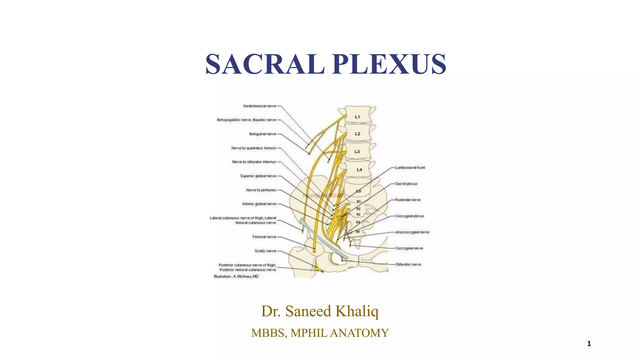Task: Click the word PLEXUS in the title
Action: pyautogui.click(x=389, y=64)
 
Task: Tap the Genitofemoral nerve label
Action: pyautogui.click(x=259, y=106)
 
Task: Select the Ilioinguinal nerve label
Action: pyautogui.click(x=262, y=134)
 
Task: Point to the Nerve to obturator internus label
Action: pyautogui.click(x=254, y=162)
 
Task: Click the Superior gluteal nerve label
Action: pyautogui.click(x=258, y=176)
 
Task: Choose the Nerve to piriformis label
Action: pyautogui.click(x=261, y=190)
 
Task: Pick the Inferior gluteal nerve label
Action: pyautogui.click(x=259, y=204)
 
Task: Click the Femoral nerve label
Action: pyautogui.click(x=264, y=237)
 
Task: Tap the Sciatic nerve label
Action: pyautogui.click(x=265, y=251)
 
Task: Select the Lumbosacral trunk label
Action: pyautogui.click(x=410, y=168)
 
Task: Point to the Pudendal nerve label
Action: pyautogui.click(x=408, y=200)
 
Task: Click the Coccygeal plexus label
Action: pyautogui.click(x=410, y=216)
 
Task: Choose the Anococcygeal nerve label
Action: pyautogui.click(x=412, y=232)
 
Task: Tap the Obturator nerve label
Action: pyautogui.click(x=408, y=264)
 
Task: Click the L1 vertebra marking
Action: pyautogui.click(x=357, y=117)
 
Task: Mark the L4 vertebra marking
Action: pyautogui.click(x=359, y=170)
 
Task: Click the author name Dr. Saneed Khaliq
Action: pyautogui.click(x=320, y=311)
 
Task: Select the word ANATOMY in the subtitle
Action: pyautogui.click(x=359, y=333)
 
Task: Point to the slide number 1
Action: pyautogui.click(x=589, y=344)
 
